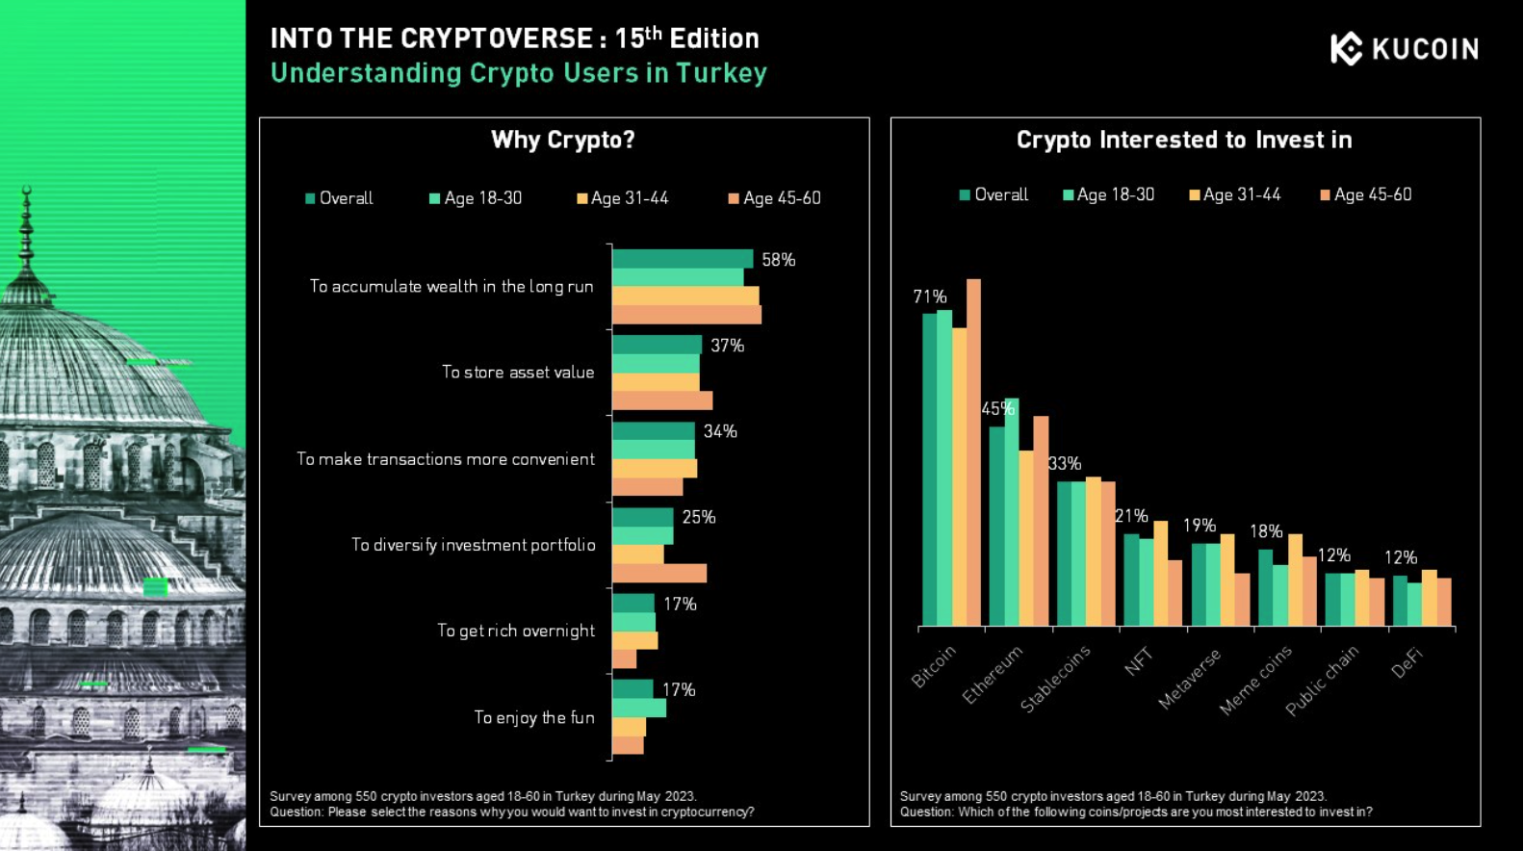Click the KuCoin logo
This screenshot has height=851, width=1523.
click(x=1404, y=48)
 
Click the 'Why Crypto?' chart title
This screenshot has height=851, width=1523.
click(x=563, y=141)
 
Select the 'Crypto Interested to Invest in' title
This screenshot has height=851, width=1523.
click(x=1184, y=141)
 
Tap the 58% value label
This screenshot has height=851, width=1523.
click(x=778, y=260)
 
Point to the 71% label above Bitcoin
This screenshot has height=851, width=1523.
click(x=930, y=297)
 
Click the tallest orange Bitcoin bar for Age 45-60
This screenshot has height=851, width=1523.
click(x=973, y=452)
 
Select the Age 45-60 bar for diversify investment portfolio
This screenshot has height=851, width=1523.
click(x=659, y=574)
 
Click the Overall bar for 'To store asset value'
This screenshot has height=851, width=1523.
click(x=657, y=345)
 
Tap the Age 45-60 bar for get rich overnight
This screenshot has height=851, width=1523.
click(x=624, y=659)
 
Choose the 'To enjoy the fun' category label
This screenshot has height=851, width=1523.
click(x=534, y=717)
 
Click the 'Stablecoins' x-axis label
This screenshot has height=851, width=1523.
click(x=1055, y=679)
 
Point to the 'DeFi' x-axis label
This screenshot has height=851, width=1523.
click(x=1407, y=662)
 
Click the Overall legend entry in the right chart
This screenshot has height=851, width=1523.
click(x=994, y=194)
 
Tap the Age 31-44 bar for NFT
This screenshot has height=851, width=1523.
click(x=1160, y=574)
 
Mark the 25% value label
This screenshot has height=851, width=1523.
click(x=699, y=517)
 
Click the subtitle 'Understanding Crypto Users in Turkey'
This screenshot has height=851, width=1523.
click(x=518, y=73)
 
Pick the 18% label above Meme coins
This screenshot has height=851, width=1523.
click(x=1266, y=531)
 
